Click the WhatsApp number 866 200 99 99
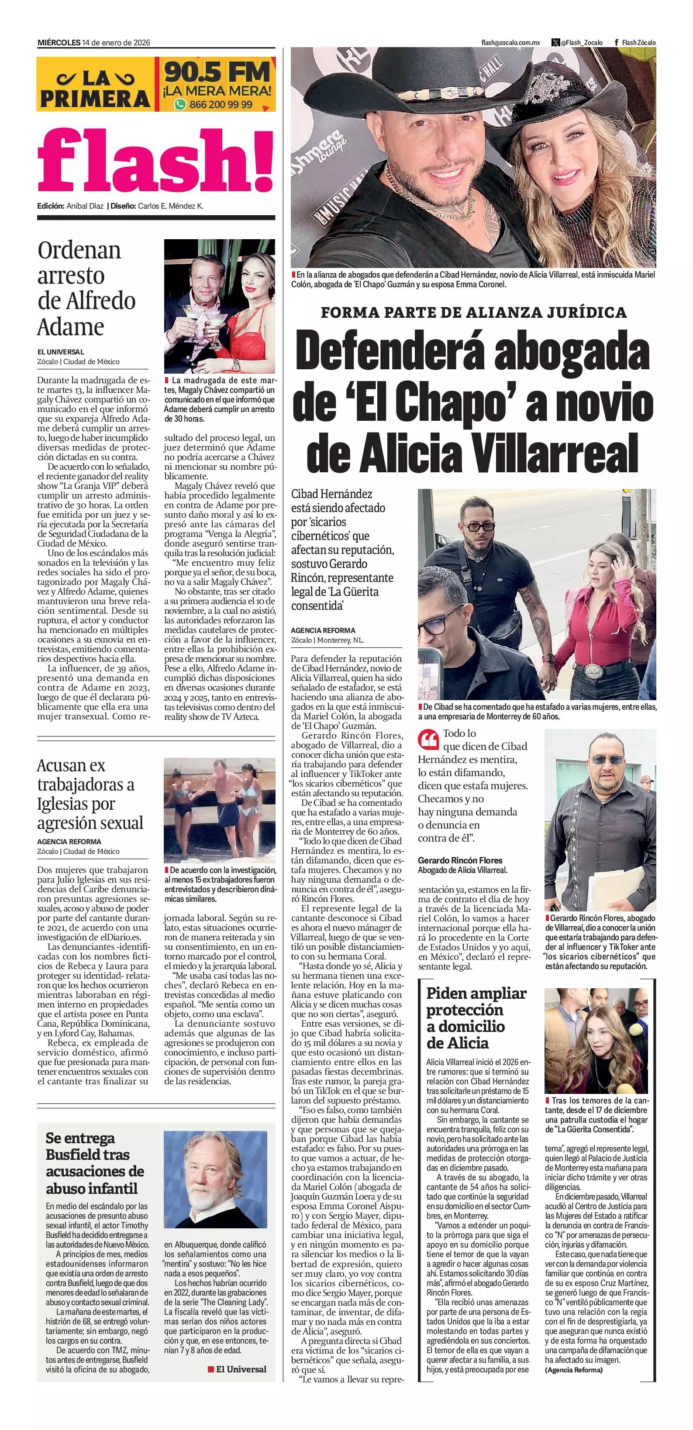pyautogui.click(x=221, y=104)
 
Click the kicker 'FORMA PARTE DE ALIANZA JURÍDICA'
pyautogui.click(x=473, y=313)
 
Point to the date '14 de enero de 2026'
pyautogui.click(x=116, y=43)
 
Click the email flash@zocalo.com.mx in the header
pyautogui.click(x=510, y=43)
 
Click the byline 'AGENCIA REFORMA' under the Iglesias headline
pyautogui.click(x=69, y=842)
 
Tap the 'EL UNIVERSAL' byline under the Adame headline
pyautogui.click(x=61, y=352)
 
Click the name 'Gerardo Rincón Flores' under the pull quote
pyautogui.click(x=460, y=860)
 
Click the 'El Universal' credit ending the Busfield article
pyautogui.click(x=241, y=1369)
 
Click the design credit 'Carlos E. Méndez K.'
pyautogui.click(x=170, y=206)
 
